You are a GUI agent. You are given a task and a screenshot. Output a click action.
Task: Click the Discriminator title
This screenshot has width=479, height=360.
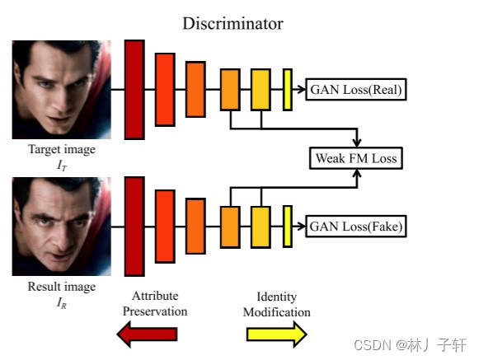(232, 24)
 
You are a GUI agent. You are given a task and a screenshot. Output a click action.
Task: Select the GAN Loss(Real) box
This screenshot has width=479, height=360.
(356, 89)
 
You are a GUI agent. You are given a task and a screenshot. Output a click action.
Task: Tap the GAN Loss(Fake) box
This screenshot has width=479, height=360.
(356, 224)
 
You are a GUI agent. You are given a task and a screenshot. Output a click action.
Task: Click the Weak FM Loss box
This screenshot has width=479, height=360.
(356, 157)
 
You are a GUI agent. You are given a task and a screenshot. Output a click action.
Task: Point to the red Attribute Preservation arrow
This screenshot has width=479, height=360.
(148, 334)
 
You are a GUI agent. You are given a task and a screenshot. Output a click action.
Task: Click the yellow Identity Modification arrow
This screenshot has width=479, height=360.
(277, 334)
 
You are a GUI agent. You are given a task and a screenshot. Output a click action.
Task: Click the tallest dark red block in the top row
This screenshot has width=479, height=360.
(134, 88)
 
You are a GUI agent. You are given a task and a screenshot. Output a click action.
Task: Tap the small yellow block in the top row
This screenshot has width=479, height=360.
(288, 89)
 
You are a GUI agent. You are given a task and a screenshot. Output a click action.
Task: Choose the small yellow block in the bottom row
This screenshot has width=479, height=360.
(288, 226)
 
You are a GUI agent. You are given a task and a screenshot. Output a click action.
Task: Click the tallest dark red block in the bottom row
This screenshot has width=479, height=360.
(134, 226)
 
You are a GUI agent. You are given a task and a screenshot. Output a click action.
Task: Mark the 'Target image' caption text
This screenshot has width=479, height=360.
(62, 150)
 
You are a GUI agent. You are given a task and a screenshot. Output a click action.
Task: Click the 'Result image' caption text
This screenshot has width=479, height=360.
(62, 287)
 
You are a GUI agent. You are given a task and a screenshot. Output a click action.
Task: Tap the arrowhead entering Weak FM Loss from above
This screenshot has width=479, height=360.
(356, 142)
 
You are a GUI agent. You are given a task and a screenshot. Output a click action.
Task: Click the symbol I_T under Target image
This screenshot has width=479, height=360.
(62, 165)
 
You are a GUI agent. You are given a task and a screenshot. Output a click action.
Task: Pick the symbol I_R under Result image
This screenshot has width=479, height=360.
(62, 302)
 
